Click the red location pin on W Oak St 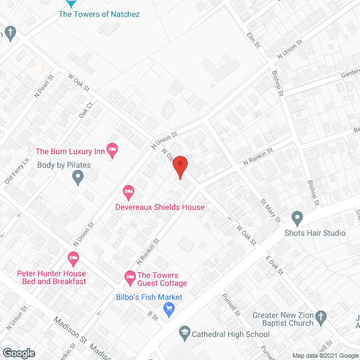[179, 167]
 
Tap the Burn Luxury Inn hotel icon [112, 151]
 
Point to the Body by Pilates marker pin [78, 178]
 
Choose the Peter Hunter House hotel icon [73, 259]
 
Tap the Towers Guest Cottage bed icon [129, 276]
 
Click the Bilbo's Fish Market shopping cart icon [168, 308]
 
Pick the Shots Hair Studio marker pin [297, 218]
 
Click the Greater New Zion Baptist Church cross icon [321, 316]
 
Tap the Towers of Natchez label [99, 14]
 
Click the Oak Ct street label [85, 109]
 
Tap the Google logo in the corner [18, 353]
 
